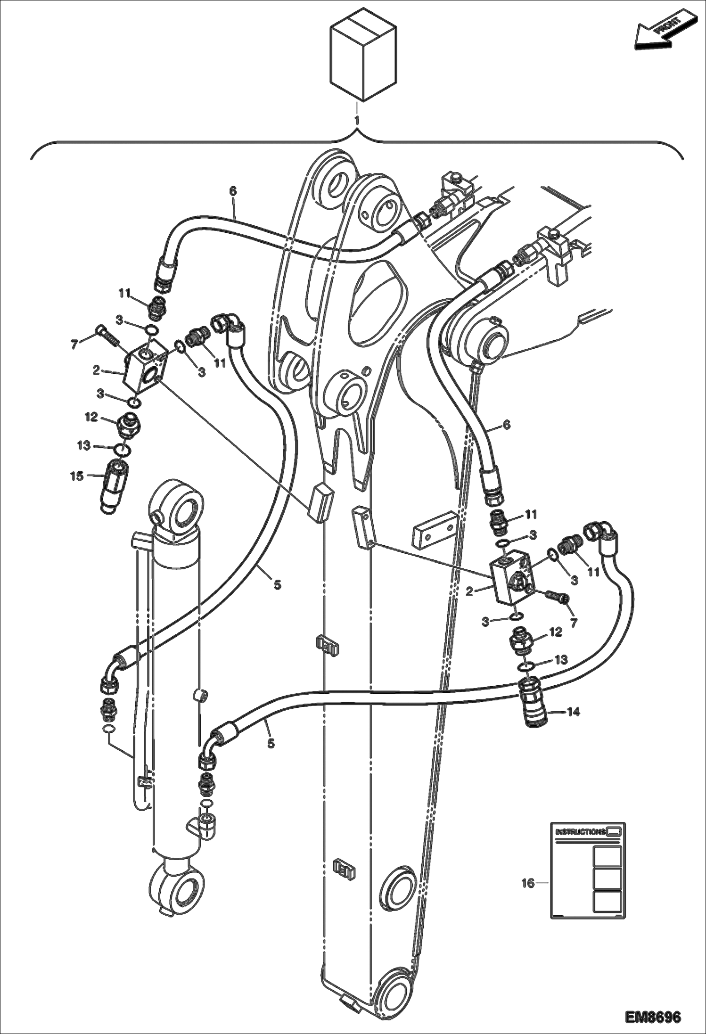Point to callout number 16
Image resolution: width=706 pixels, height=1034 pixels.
tap(528, 883)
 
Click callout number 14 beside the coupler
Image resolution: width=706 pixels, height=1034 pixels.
tap(573, 712)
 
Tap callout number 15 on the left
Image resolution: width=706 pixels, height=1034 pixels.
tap(77, 476)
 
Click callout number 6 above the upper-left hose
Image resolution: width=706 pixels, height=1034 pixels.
tap(233, 191)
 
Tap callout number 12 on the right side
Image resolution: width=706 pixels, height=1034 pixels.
tap(556, 632)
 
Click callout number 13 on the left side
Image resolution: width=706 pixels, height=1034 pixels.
tap(84, 445)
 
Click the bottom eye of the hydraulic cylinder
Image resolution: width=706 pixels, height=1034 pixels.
tap(181, 890)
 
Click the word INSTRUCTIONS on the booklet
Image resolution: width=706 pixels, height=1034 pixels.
tap(580, 832)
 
